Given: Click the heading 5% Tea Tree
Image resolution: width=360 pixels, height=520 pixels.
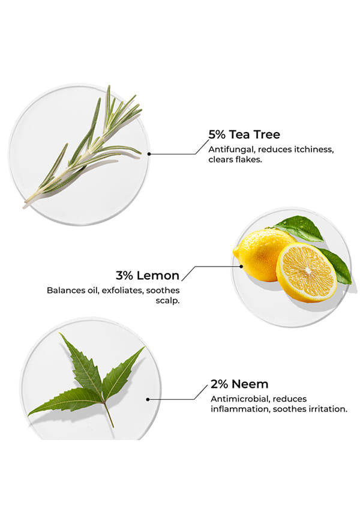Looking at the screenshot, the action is point(244,135).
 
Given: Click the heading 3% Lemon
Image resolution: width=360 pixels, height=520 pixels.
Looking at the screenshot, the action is point(148,275).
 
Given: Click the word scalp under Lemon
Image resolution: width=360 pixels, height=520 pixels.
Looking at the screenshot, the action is point(168,301).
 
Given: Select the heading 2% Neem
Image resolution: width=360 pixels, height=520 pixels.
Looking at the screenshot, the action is point(239,384).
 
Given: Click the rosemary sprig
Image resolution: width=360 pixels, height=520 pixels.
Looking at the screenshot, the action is point(83,147).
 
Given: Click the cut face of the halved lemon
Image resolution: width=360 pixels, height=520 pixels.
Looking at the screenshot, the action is point(307,272).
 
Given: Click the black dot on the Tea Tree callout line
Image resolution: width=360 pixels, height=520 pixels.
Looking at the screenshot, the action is point(149,154).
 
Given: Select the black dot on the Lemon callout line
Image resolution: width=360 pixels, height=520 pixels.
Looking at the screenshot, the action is point(241,266).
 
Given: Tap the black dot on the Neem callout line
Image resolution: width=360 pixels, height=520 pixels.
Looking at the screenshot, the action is point(148,399).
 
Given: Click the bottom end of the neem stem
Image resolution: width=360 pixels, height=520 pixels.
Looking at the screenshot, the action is point(113,427).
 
